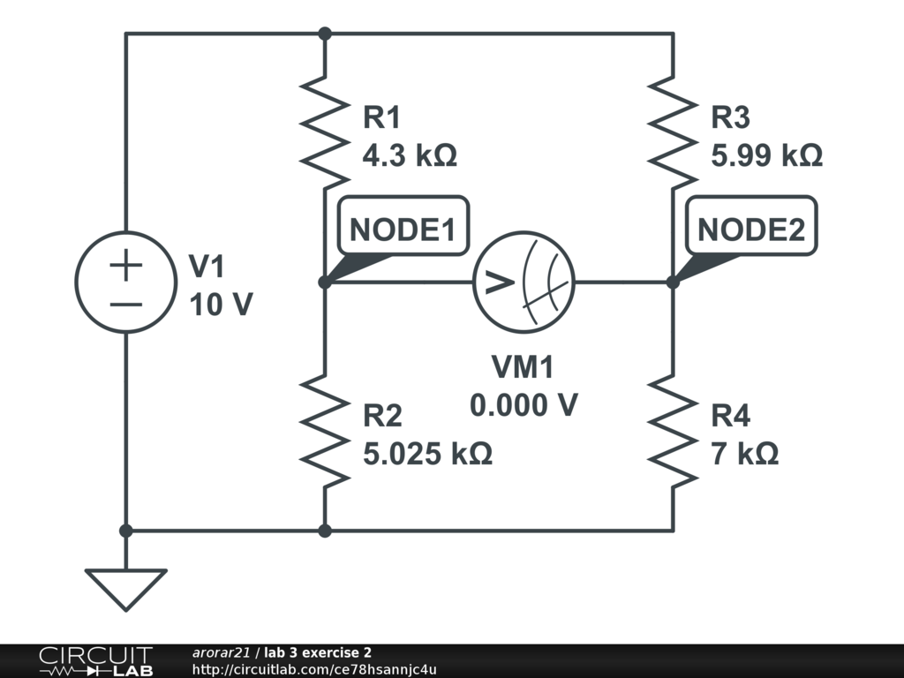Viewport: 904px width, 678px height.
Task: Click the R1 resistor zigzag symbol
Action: [324, 132]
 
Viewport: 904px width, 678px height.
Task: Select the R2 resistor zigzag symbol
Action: [324, 431]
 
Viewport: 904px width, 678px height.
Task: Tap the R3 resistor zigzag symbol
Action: [673, 132]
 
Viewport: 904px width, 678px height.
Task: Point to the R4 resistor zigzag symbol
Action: [673, 431]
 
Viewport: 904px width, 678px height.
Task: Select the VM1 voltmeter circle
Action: [524, 282]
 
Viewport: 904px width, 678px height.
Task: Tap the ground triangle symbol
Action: [125, 587]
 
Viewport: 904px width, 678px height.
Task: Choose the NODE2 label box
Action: [751, 230]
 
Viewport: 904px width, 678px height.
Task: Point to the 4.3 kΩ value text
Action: [410, 155]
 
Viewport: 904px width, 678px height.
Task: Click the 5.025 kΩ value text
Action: [427, 454]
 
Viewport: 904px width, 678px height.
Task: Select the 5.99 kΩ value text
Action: [766, 155]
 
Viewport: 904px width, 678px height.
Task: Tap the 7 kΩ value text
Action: [744, 454]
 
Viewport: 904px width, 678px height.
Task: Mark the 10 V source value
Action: [221, 305]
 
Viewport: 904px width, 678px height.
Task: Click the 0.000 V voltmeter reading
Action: [524, 405]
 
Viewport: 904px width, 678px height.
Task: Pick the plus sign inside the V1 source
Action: [126, 266]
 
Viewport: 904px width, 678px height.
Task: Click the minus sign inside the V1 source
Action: [126, 305]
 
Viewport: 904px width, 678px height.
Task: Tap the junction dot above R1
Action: [324, 34]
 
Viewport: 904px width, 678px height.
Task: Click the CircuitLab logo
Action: [94, 661]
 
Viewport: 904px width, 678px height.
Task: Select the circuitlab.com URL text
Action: [313, 669]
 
